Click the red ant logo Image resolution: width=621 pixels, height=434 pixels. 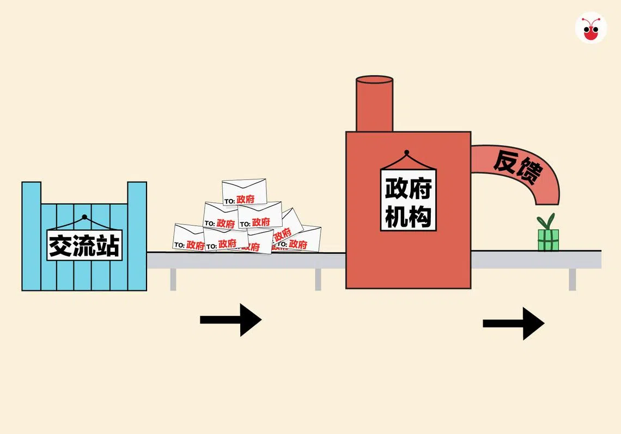pyautogui.click(x=590, y=28)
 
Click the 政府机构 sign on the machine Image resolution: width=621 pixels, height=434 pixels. pyautogui.click(x=408, y=199)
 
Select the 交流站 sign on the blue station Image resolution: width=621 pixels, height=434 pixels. pyautogui.click(x=84, y=244)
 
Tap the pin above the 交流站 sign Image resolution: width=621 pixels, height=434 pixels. pyautogui.click(x=84, y=217)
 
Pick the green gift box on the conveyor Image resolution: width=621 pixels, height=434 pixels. pyautogui.click(x=548, y=240)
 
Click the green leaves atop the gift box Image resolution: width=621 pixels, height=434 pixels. pyautogui.click(x=546, y=222)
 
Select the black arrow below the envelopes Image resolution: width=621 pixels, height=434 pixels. pyautogui.click(x=231, y=320)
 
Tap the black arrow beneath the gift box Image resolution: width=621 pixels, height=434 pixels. pyautogui.click(x=514, y=324)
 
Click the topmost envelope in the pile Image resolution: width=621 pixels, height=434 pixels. pyautogui.click(x=244, y=192)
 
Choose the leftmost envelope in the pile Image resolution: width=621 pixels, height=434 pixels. pyautogui.click(x=188, y=238)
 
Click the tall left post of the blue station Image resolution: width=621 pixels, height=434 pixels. pyautogui.click(x=31, y=236)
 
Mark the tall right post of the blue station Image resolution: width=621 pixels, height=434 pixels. pyautogui.click(x=137, y=236)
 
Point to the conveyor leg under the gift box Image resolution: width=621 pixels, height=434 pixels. pyautogui.click(x=572, y=280)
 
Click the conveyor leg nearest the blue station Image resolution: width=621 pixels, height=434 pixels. pyautogui.click(x=173, y=280)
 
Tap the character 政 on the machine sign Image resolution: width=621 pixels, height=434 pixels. pyautogui.click(x=396, y=188)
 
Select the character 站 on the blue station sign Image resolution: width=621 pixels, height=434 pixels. pyautogui.click(x=108, y=245)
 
